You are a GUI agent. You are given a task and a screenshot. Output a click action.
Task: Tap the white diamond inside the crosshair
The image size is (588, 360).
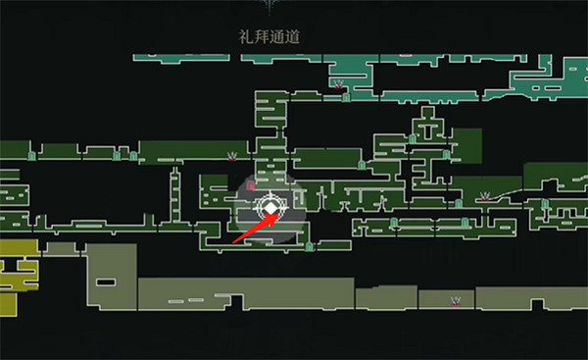pos(269,208)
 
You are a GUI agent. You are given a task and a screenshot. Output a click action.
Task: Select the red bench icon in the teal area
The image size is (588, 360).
pos(339,85)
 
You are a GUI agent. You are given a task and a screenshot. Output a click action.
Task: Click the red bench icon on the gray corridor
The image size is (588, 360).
pos(456,300)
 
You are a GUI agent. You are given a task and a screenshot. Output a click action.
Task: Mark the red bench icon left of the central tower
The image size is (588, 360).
pos(232,155)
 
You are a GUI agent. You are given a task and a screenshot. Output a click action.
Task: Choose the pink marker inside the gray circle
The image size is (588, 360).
pos(251,184)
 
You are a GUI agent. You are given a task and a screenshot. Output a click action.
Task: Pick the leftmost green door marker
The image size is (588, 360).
pos(32,154)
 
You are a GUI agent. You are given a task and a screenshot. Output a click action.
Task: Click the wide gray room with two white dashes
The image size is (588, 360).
pos(245,293)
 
